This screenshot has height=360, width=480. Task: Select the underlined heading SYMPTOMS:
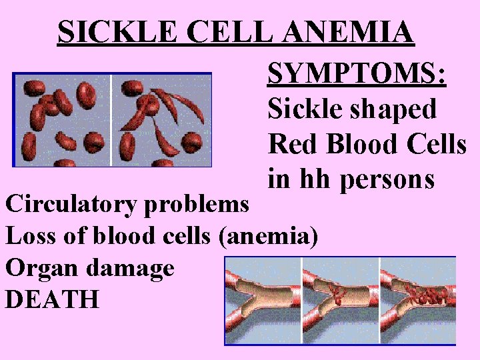point(356,75)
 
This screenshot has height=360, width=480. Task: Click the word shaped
point(397,109)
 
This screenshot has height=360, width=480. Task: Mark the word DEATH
point(52,299)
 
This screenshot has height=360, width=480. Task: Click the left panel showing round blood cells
point(63,119)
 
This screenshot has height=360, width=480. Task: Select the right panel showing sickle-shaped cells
point(161,119)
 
